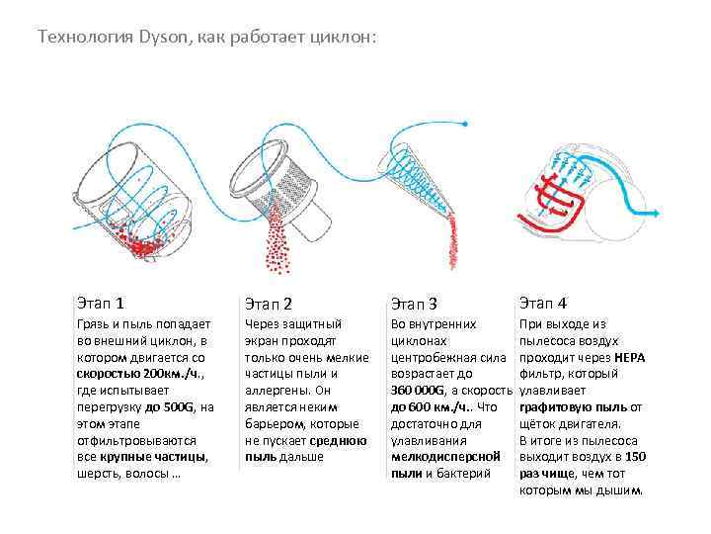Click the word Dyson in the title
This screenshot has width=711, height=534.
pyautogui.click(x=163, y=37)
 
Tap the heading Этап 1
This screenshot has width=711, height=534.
pyautogui.click(x=100, y=303)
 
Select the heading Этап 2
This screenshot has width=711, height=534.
pyautogui.click(x=269, y=304)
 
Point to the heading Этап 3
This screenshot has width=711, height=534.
pyautogui.click(x=414, y=304)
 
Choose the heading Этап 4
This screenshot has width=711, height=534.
pyautogui.click(x=543, y=303)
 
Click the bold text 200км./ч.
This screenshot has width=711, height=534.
pyautogui.click(x=173, y=374)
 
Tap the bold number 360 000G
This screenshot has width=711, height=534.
pyautogui.click(x=418, y=391)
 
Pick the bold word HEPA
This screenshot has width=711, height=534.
pyautogui.click(x=629, y=358)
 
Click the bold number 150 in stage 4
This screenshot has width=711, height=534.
pyautogui.click(x=635, y=457)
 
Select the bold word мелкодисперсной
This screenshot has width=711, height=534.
pyautogui.click(x=445, y=457)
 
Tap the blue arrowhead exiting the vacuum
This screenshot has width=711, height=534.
pyautogui.click(x=656, y=213)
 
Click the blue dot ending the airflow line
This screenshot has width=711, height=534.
pyautogui.click(x=465, y=124)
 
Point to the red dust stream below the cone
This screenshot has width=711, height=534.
pyautogui.click(x=452, y=240)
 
